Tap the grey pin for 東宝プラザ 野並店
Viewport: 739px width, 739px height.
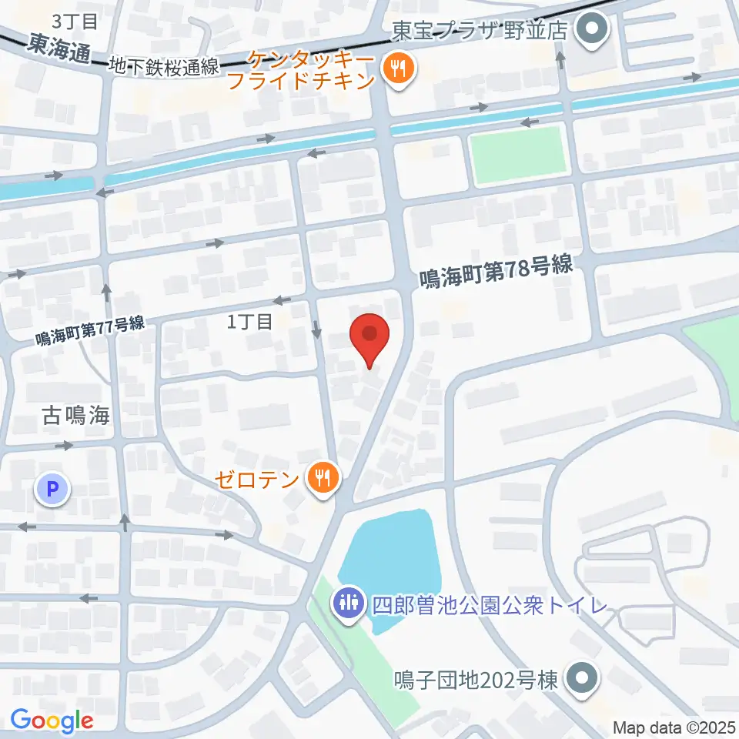tap(592, 31)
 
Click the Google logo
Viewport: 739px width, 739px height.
tap(52, 721)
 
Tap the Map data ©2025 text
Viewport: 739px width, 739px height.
tap(674, 726)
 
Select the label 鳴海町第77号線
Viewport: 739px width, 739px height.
tap(91, 332)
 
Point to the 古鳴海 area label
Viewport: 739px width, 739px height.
tap(75, 417)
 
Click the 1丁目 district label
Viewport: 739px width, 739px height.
tap(249, 323)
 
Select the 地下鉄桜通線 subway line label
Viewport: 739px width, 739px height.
tap(164, 66)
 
